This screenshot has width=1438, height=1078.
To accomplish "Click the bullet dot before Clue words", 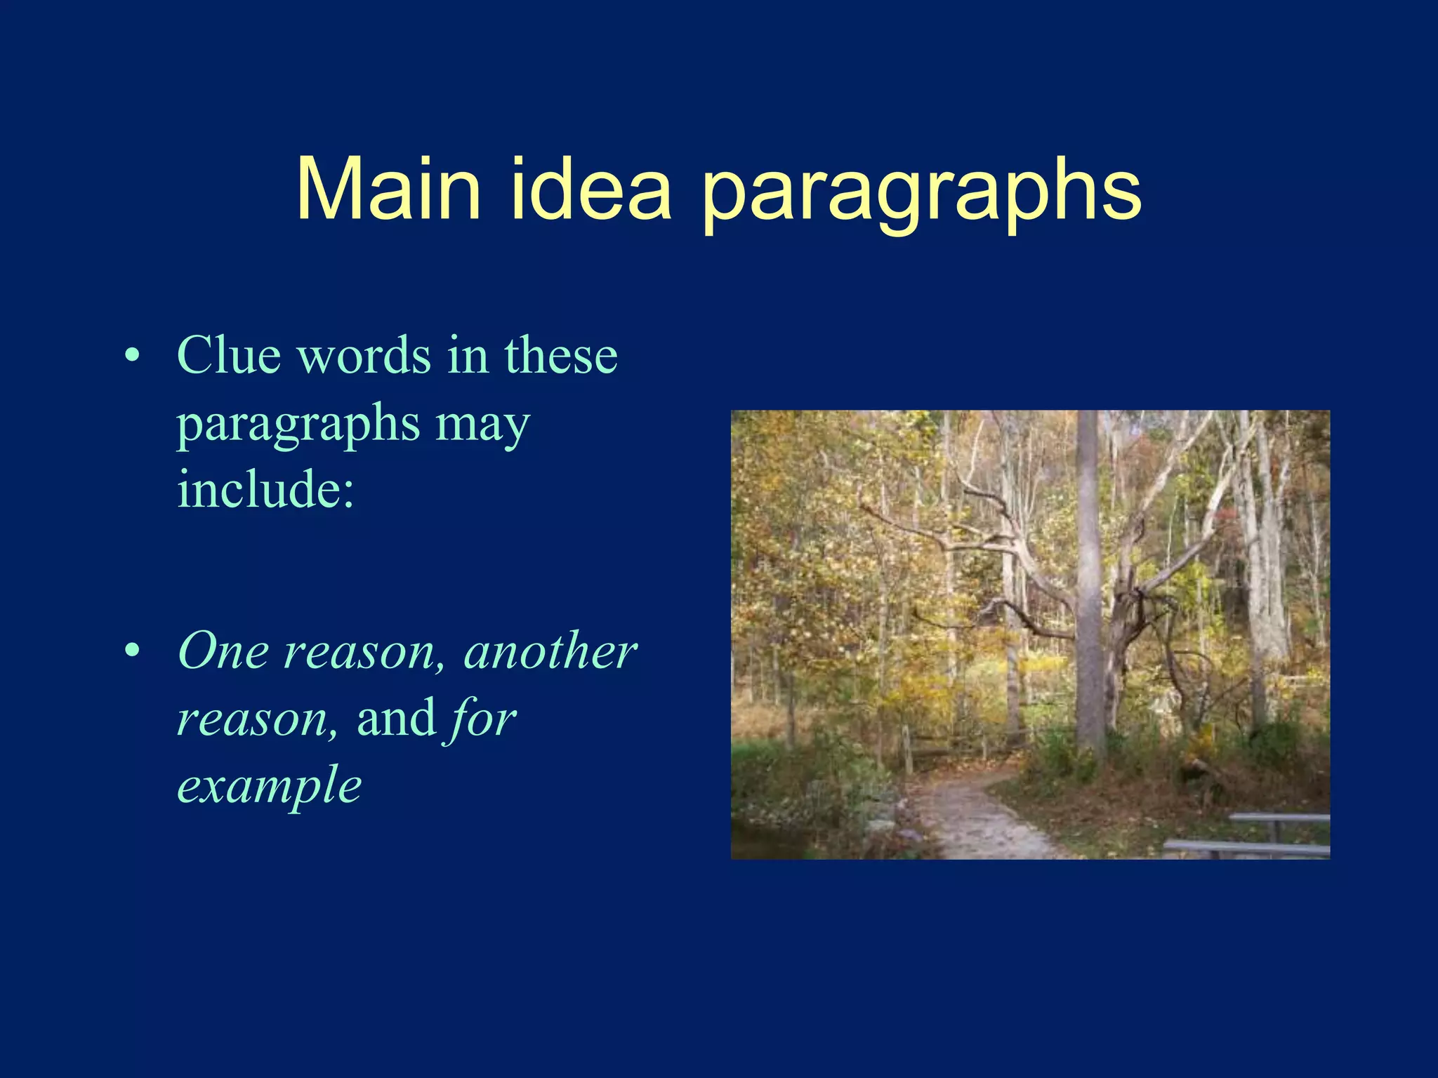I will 131,356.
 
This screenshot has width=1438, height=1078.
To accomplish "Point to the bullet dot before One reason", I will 131,652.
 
